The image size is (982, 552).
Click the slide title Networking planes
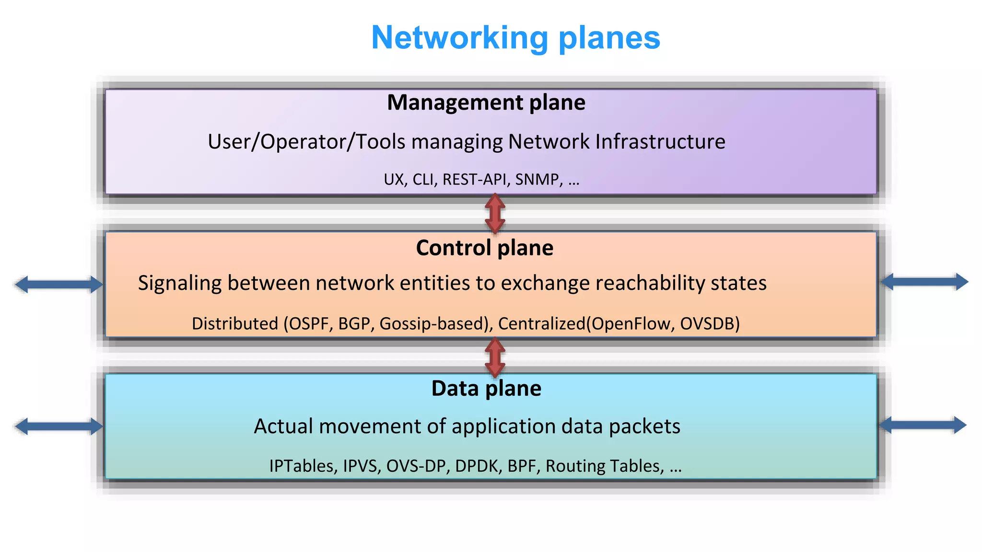coord(515,37)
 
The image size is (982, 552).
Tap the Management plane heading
coord(486,103)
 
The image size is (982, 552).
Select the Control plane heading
coord(484,248)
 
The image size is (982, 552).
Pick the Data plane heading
coord(486,388)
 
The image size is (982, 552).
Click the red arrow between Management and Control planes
coord(495,213)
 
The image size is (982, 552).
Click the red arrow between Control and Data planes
coord(495,357)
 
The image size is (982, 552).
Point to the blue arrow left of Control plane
coord(58,284)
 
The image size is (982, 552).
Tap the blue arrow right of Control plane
coord(924,282)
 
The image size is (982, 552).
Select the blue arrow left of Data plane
coord(58,426)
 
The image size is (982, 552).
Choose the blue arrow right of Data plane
coord(923,425)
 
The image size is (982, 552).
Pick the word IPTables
coord(301,466)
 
